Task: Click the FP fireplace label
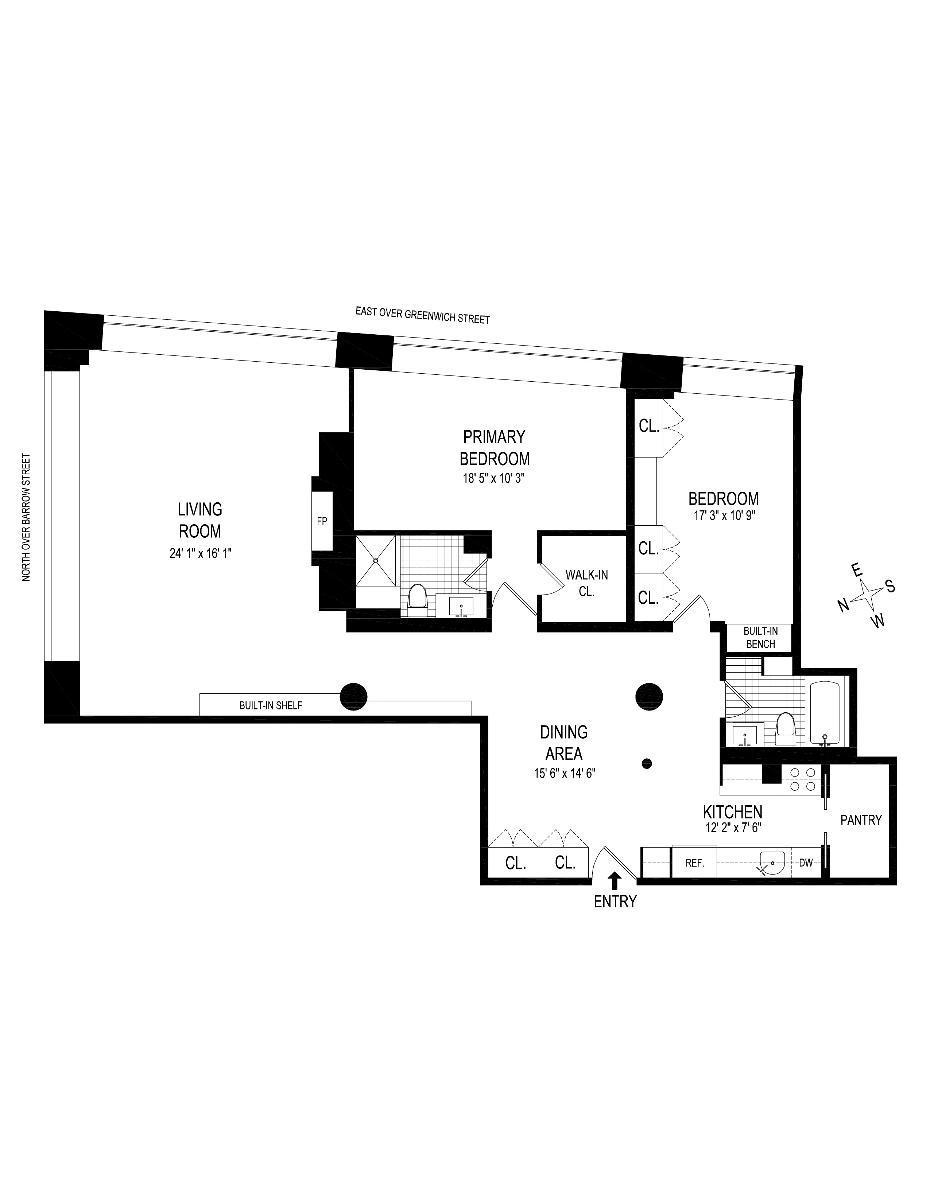tap(322, 521)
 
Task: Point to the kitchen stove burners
tap(803, 780)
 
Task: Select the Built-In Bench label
tap(760, 637)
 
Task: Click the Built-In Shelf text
tap(271, 705)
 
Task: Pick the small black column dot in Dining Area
tap(647, 763)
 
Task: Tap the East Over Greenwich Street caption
tap(423, 315)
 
